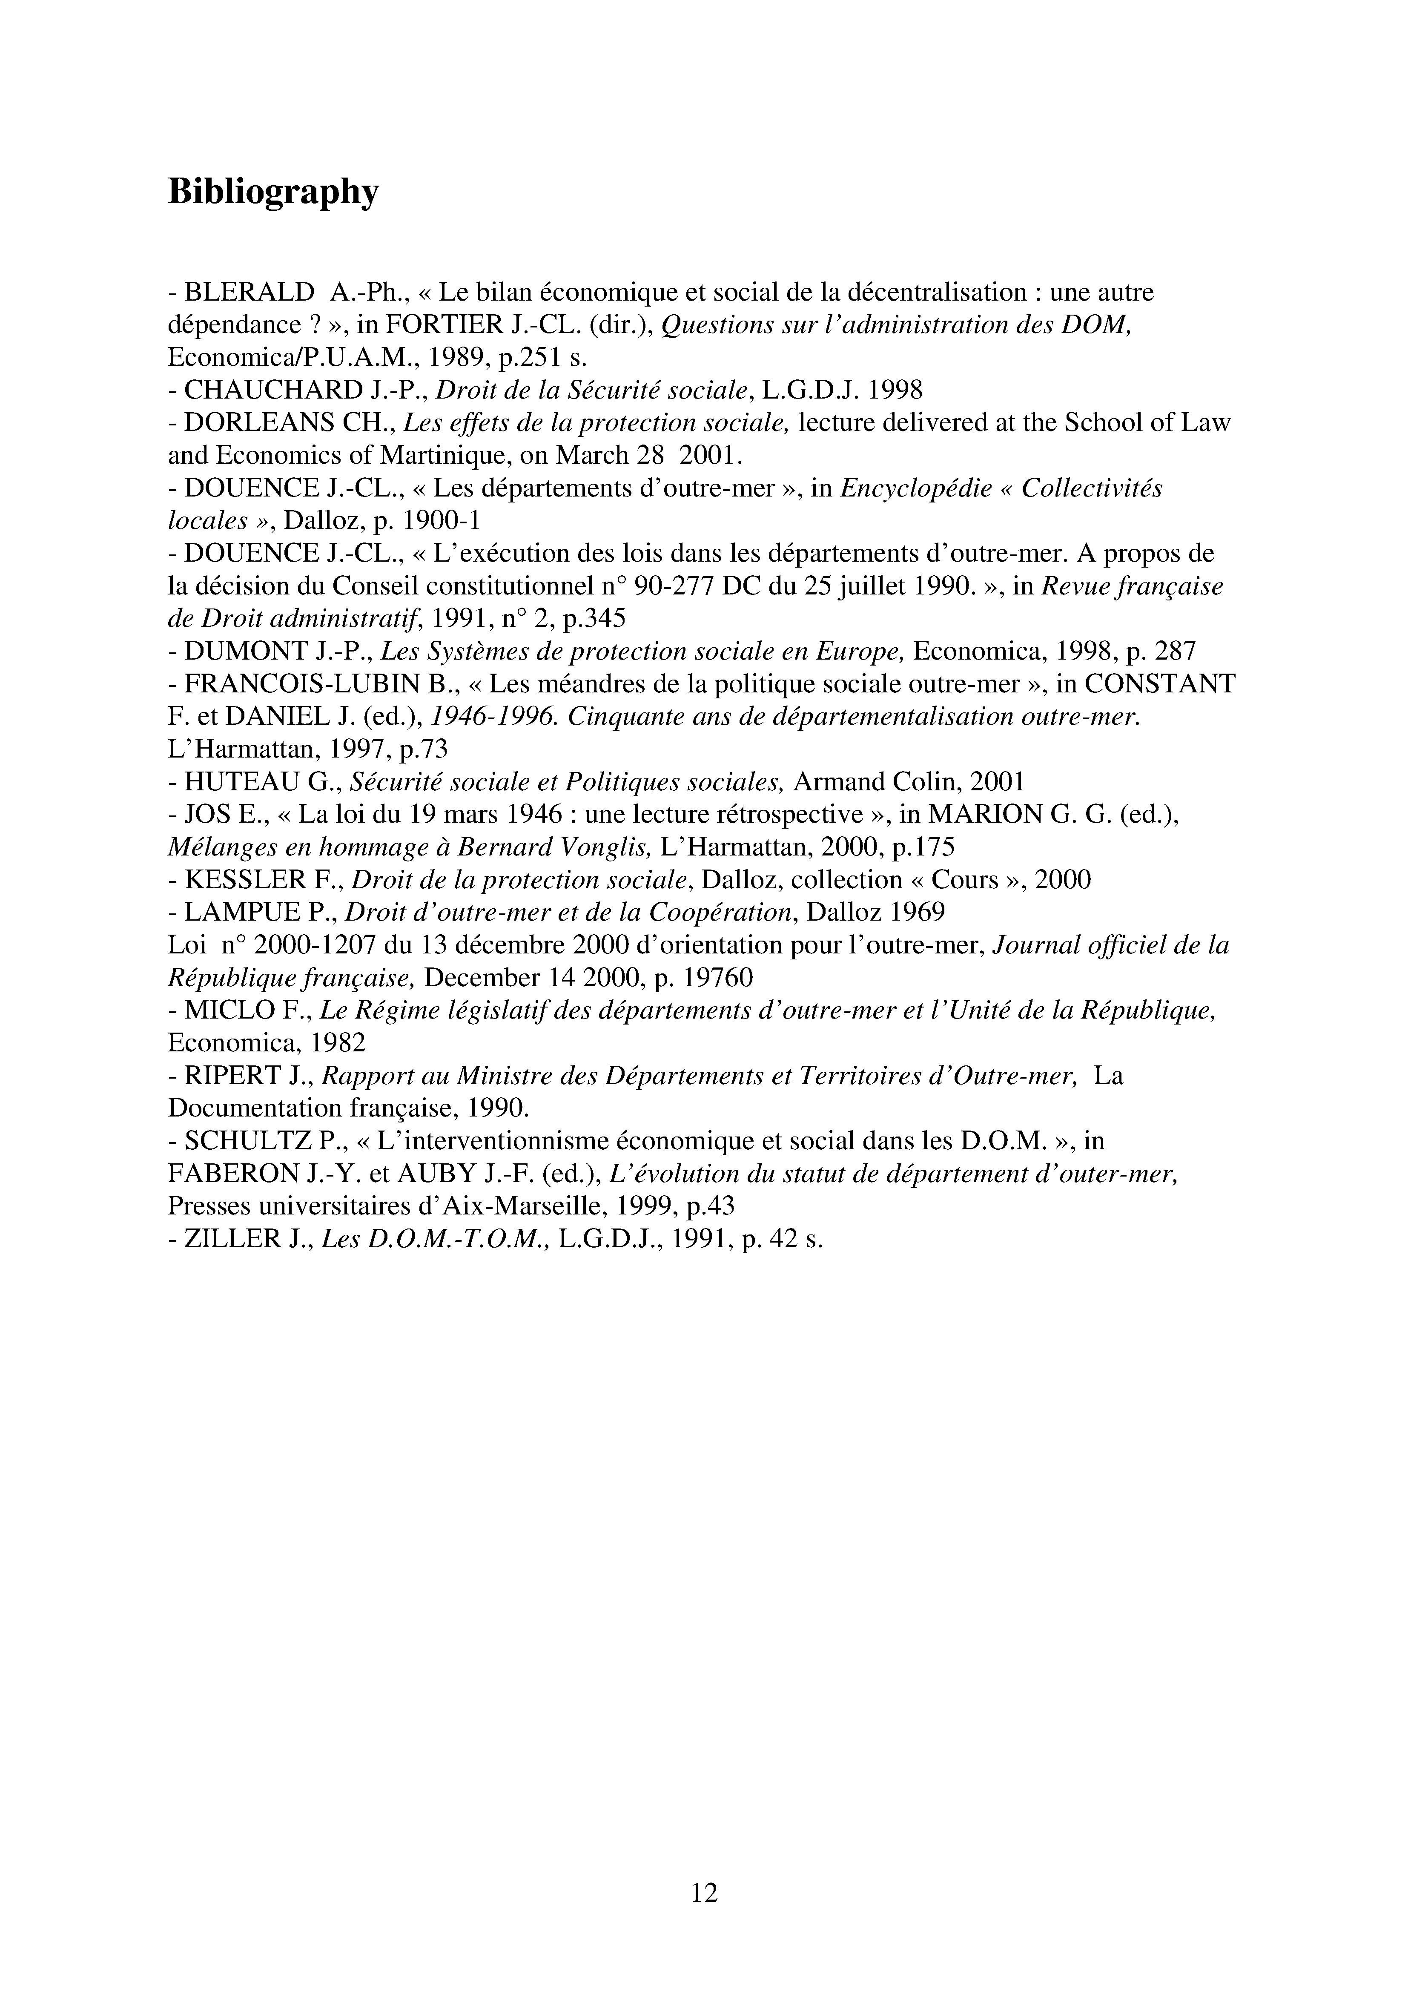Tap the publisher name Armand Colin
coord(876,782)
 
